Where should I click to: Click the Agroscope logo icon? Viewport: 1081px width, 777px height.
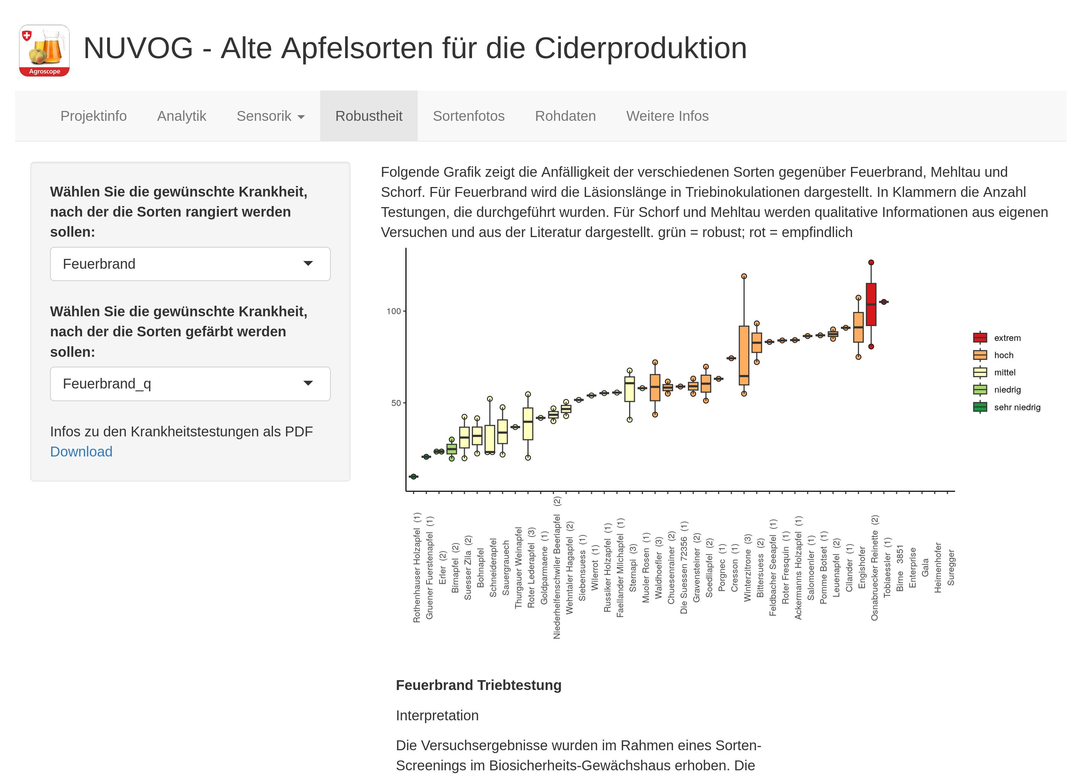click(44, 50)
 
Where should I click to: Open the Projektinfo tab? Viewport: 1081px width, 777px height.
click(93, 116)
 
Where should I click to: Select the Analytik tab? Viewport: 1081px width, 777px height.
click(182, 116)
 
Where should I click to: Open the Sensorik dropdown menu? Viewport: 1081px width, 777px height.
click(270, 116)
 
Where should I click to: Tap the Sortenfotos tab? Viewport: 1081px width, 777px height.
click(468, 116)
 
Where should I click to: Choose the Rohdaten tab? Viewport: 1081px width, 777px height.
click(565, 116)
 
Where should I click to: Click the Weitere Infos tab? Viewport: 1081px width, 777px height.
click(667, 116)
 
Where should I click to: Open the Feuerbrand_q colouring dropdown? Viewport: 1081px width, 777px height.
click(190, 384)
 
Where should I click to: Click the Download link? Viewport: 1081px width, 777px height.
click(81, 452)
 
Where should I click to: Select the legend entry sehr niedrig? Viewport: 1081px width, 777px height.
click(1017, 407)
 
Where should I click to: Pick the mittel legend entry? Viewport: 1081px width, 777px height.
click(1004, 372)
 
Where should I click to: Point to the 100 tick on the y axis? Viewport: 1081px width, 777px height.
click(394, 311)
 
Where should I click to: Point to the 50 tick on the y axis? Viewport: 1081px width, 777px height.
click(396, 403)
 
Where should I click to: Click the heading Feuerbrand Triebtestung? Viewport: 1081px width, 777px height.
click(479, 685)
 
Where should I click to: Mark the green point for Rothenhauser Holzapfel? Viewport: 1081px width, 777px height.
click(413, 477)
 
